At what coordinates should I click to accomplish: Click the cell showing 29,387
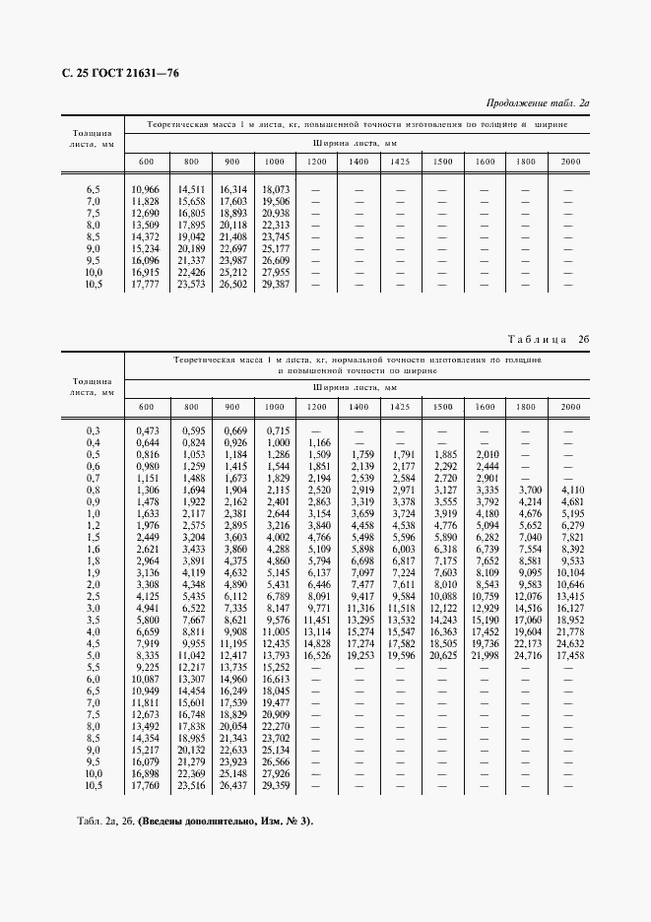point(275,284)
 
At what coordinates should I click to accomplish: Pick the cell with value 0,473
point(148,430)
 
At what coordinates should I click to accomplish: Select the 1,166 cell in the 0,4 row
point(319,442)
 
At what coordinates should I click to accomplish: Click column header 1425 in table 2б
point(400,407)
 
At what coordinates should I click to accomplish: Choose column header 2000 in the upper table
point(570,161)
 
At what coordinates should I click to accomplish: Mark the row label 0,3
point(94,430)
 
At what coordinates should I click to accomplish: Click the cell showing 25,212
point(232,272)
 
